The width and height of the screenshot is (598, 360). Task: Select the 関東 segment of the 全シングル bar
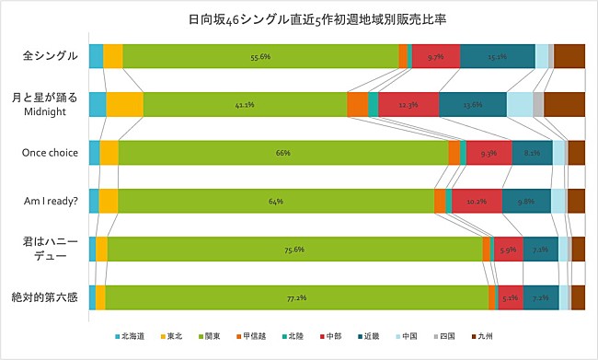(260, 56)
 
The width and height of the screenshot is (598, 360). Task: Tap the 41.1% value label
(245, 105)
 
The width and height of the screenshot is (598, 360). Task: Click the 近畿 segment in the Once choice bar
(532, 153)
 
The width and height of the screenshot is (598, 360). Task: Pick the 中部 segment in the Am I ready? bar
(477, 201)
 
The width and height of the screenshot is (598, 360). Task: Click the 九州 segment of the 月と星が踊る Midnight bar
(564, 105)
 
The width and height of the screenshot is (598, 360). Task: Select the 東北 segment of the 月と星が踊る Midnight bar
(124, 105)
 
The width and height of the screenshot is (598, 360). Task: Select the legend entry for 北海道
(130, 337)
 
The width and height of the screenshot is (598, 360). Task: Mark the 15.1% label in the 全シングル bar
(497, 56)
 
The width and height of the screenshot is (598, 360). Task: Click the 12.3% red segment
(408, 105)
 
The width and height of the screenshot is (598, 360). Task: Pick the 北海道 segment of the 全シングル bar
(96, 56)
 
